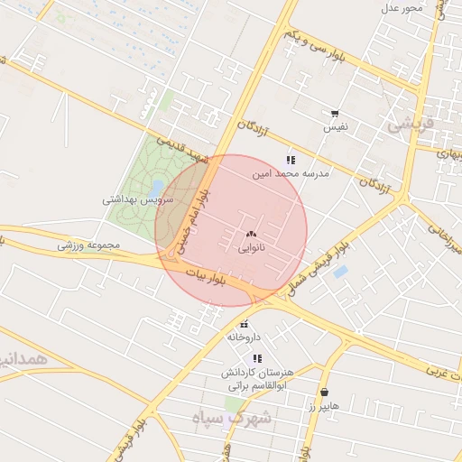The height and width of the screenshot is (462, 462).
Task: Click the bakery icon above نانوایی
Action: pos(250,233)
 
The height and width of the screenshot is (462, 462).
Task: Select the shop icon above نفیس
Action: pos(335,114)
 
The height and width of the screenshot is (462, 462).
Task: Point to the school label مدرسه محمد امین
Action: pos(291,171)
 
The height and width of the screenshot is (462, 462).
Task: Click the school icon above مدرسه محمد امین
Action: pos(290,159)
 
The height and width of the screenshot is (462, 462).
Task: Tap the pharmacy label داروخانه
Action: pos(244,337)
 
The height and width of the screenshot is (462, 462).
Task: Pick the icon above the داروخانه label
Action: pos(244,324)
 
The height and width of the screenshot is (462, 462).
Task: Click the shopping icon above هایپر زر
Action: pos(325,393)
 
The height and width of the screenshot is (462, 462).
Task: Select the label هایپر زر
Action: pos(323,406)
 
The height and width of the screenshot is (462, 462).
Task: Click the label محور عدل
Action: pos(402,8)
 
